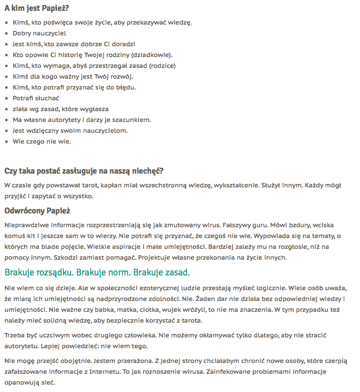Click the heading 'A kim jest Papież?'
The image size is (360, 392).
tap(37, 8)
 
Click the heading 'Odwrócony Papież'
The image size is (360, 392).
tap(37, 211)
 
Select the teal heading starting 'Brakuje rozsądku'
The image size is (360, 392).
tap(97, 272)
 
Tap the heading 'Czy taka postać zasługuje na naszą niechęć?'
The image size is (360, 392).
tap(84, 171)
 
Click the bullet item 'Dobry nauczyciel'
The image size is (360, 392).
tap(39, 33)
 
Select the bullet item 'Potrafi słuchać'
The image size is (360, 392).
tap(36, 98)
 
